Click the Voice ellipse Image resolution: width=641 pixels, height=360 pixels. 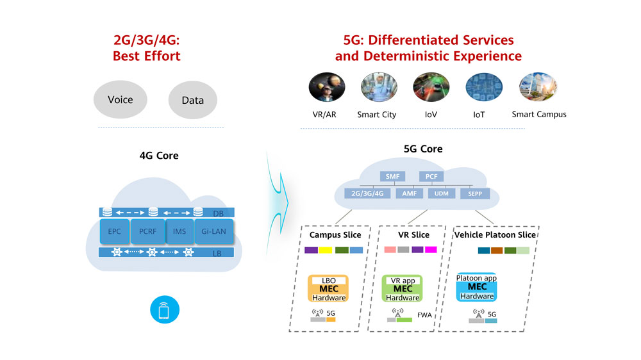121,99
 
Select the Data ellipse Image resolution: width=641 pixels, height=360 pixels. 193,100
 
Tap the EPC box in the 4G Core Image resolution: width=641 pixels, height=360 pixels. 115,231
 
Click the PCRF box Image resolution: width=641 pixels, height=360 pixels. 147,231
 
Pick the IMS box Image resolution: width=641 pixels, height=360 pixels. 179,231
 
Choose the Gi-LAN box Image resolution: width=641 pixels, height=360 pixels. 214,231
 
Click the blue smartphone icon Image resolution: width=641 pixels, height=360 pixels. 165,311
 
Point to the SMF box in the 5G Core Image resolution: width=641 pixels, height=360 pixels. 392,176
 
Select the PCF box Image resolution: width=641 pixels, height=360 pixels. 431,176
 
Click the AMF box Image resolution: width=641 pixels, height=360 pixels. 409,193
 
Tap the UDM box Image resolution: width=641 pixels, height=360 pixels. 442,193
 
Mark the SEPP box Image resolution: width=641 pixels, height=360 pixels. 475,193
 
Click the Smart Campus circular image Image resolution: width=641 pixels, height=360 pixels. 538,88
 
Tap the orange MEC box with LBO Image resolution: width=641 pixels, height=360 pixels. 329,289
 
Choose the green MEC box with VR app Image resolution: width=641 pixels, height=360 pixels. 403,289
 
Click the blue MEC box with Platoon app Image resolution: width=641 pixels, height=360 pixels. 476,287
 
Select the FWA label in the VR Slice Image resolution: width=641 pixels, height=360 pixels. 424,315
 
